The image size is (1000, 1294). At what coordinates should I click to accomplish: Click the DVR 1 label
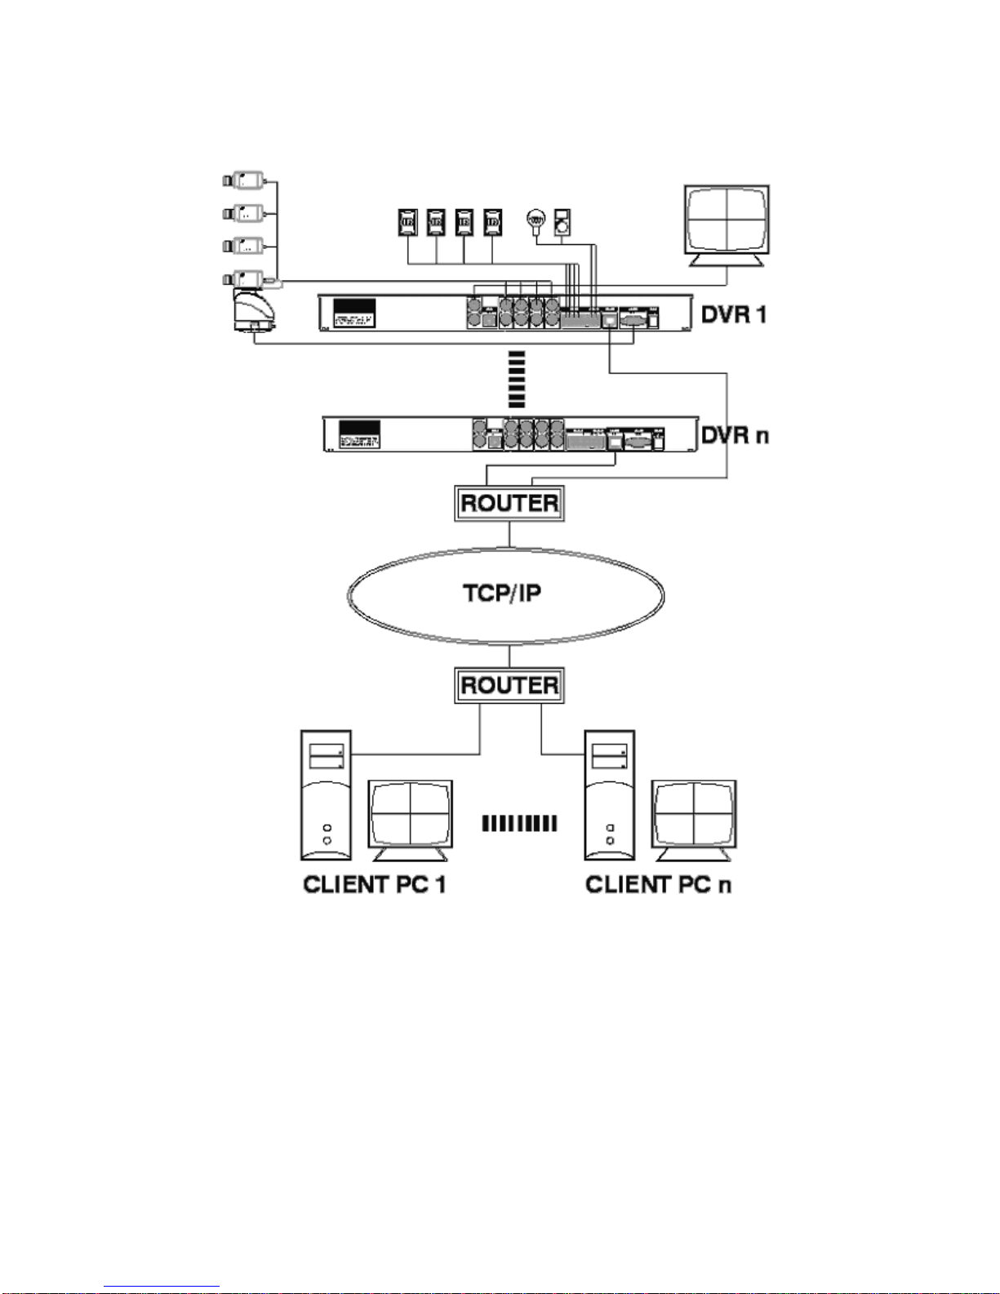point(734,313)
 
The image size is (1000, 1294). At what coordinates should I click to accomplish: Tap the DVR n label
point(735,434)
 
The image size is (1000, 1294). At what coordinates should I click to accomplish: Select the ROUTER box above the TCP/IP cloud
point(509,503)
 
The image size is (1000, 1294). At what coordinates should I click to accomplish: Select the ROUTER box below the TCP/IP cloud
point(509,685)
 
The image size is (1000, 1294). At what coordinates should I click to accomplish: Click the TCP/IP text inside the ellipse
point(502,593)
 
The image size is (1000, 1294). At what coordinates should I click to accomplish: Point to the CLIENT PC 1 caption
point(375,885)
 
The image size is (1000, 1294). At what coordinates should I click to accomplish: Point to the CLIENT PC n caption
point(658,885)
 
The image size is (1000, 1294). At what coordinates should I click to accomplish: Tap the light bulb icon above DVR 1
point(536,219)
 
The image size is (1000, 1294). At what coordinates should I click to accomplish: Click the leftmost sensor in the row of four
point(407,221)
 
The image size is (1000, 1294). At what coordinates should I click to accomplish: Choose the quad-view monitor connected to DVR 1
point(726,222)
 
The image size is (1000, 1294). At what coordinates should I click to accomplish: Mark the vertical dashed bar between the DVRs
point(516,380)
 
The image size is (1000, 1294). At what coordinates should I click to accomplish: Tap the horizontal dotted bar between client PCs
point(519,823)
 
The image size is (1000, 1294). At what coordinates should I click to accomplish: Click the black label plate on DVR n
point(359,434)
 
